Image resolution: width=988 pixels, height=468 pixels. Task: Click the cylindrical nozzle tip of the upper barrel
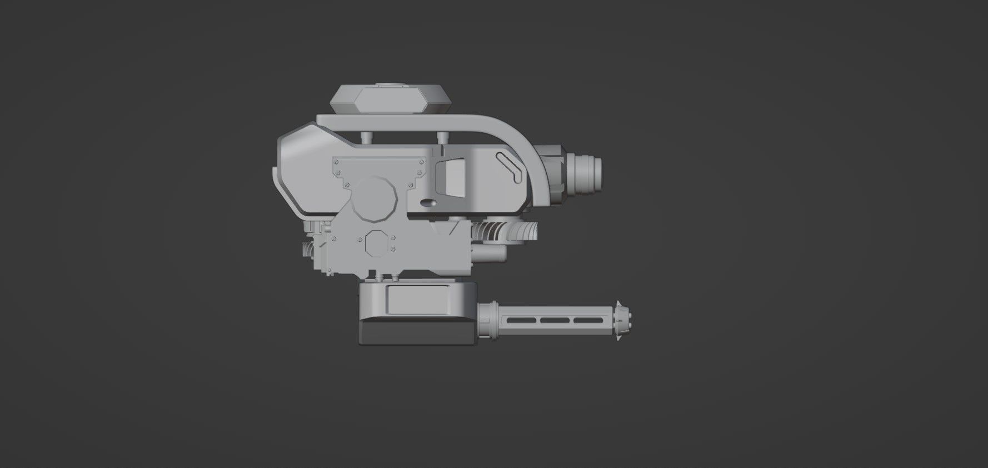click(588, 172)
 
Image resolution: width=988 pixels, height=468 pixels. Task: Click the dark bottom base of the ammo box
click(416, 333)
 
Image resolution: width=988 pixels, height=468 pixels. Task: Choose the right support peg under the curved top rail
click(441, 136)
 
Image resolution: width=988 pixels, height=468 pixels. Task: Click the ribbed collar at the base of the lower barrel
click(487, 321)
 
